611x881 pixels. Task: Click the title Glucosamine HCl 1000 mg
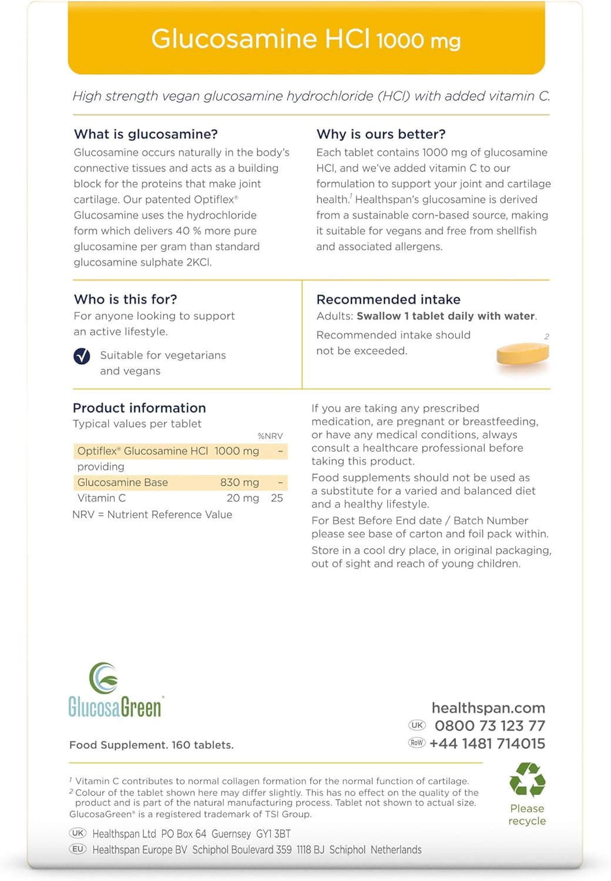[305, 39]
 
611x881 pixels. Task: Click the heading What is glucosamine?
[146, 134]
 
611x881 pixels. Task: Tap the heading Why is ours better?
[381, 134]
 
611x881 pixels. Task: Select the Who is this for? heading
[125, 299]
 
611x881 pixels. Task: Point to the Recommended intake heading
[388, 299]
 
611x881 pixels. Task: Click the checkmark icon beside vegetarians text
[82, 356]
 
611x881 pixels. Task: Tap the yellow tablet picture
[522, 354]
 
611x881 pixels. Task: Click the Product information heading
[139, 408]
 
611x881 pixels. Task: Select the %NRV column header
[270, 436]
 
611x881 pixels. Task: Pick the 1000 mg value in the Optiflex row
[237, 451]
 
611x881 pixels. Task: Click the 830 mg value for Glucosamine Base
[240, 482]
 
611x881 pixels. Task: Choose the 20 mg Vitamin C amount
[243, 498]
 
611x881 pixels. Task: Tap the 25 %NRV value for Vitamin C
[277, 498]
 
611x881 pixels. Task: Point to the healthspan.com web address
[488, 708]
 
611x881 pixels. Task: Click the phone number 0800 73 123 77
[490, 726]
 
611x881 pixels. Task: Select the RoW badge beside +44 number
[417, 743]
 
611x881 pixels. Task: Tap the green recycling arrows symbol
[527, 779]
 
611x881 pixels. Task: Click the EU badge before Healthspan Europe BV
[78, 849]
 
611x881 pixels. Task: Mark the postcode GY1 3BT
[273, 834]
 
